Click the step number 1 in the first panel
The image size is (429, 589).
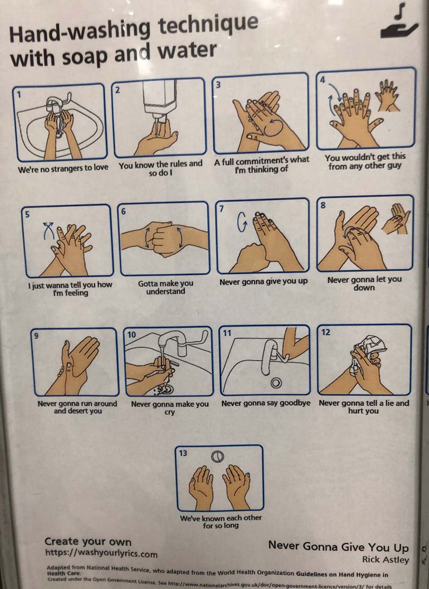coord(18,95)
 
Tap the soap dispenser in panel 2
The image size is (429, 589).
coord(160,99)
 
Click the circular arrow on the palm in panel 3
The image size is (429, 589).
coord(273,128)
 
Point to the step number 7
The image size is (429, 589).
coord(222,208)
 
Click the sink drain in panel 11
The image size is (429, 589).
coord(276,383)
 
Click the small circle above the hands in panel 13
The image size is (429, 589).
coord(217,456)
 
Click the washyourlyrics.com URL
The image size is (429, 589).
coord(101,553)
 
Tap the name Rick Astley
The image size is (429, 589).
coord(385,559)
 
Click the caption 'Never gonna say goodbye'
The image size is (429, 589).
coord(266,403)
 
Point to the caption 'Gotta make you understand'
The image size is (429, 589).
coord(166,287)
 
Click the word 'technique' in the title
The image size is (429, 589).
coord(209,26)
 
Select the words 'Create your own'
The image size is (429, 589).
coord(88,541)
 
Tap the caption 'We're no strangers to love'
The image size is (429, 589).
coord(63,168)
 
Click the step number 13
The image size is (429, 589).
coord(183,453)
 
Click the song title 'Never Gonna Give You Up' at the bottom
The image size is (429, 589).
coord(338,547)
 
